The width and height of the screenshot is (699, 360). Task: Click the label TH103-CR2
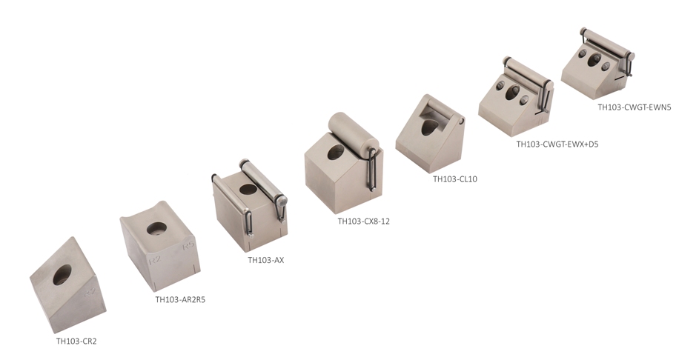[x=76, y=341]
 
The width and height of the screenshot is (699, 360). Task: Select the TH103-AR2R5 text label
[x=180, y=299]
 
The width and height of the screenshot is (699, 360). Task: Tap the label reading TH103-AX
[x=265, y=260]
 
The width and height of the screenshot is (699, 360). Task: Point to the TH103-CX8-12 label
[x=363, y=221]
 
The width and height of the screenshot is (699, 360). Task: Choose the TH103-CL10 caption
[x=455, y=179]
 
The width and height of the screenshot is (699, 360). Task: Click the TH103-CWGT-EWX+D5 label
[x=557, y=144]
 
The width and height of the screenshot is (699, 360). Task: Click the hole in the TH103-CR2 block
[x=62, y=275]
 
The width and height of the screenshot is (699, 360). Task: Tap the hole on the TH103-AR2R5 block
[x=157, y=229]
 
